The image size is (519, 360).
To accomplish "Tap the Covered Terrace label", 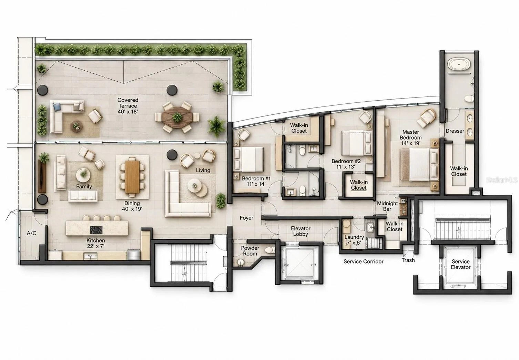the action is (128, 106).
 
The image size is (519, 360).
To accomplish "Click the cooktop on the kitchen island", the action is (95, 230).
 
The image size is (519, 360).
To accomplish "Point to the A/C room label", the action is (31, 233).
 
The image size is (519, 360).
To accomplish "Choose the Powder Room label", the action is (250, 251).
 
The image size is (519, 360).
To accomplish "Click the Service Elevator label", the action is (461, 264).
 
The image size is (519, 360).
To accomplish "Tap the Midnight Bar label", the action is (387, 206).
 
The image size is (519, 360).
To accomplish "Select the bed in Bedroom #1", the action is (248, 159).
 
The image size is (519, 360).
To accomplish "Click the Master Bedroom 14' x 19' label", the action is (410, 137).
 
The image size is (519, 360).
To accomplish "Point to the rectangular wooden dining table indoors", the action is (132, 176).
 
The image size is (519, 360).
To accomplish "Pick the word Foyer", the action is (246, 218).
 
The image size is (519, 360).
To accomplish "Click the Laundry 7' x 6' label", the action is (354, 240).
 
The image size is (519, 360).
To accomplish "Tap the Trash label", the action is (408, 260).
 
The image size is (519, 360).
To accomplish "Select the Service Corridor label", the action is (363, 261).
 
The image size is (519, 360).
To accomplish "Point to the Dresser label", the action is (455, 131).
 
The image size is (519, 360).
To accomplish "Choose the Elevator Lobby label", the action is (301, 231).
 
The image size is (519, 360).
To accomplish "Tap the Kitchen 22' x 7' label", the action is (96, 243).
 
